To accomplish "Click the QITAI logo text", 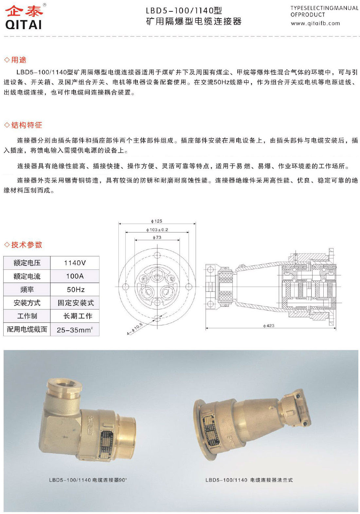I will pyautogui.click(x=24, y=24).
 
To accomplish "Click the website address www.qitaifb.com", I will pyautogui.click(x=315, y=23).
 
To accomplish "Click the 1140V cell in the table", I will pyautogui.click(x=75, y=263).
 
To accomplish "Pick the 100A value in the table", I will pyautogui.click(x=75, y=276).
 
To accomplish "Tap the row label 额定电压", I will pyautogui.click(x=27, y=263).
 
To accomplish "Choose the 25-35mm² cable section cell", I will pyautogui.click(x=75, y=330).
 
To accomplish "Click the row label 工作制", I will pyautogui.click(x=27, y=316).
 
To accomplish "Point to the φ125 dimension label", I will pyautogui.click(x=157, y=221).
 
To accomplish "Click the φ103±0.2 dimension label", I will pyautogui.click(x=157, y=230).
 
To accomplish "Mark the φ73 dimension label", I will pyautogui.click(x=157, y=237).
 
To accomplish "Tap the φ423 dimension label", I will pyautogui.click(x=269, y=326).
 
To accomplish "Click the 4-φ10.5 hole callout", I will pyautogui.click(x=135, y=329).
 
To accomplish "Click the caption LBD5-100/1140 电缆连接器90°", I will pyautogui.click(x=88, y=480).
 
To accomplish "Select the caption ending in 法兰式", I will pyautogui.click(x=249, y=480).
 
